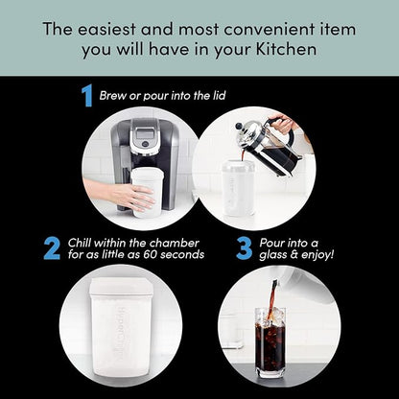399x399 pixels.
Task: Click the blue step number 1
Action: [x=87, y=95]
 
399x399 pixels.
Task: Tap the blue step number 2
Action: [x=52, y=248]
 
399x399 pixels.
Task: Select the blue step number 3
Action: [x=244, y=248]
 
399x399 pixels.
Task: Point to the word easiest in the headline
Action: [x=107, y=29]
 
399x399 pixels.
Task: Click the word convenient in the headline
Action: [x=270, y=30]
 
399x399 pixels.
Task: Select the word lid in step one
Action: [x=219, y=96]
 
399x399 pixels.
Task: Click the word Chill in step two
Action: [x=80, y=243]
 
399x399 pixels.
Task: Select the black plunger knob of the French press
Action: [x=239, y=127]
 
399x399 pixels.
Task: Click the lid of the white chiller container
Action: [x=121, y=286]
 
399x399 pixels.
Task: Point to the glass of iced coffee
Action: [x=270, y=342]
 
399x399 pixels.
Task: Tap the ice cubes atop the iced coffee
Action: [x=273, y=315]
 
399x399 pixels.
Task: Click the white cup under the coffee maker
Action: [x=148, y=193]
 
